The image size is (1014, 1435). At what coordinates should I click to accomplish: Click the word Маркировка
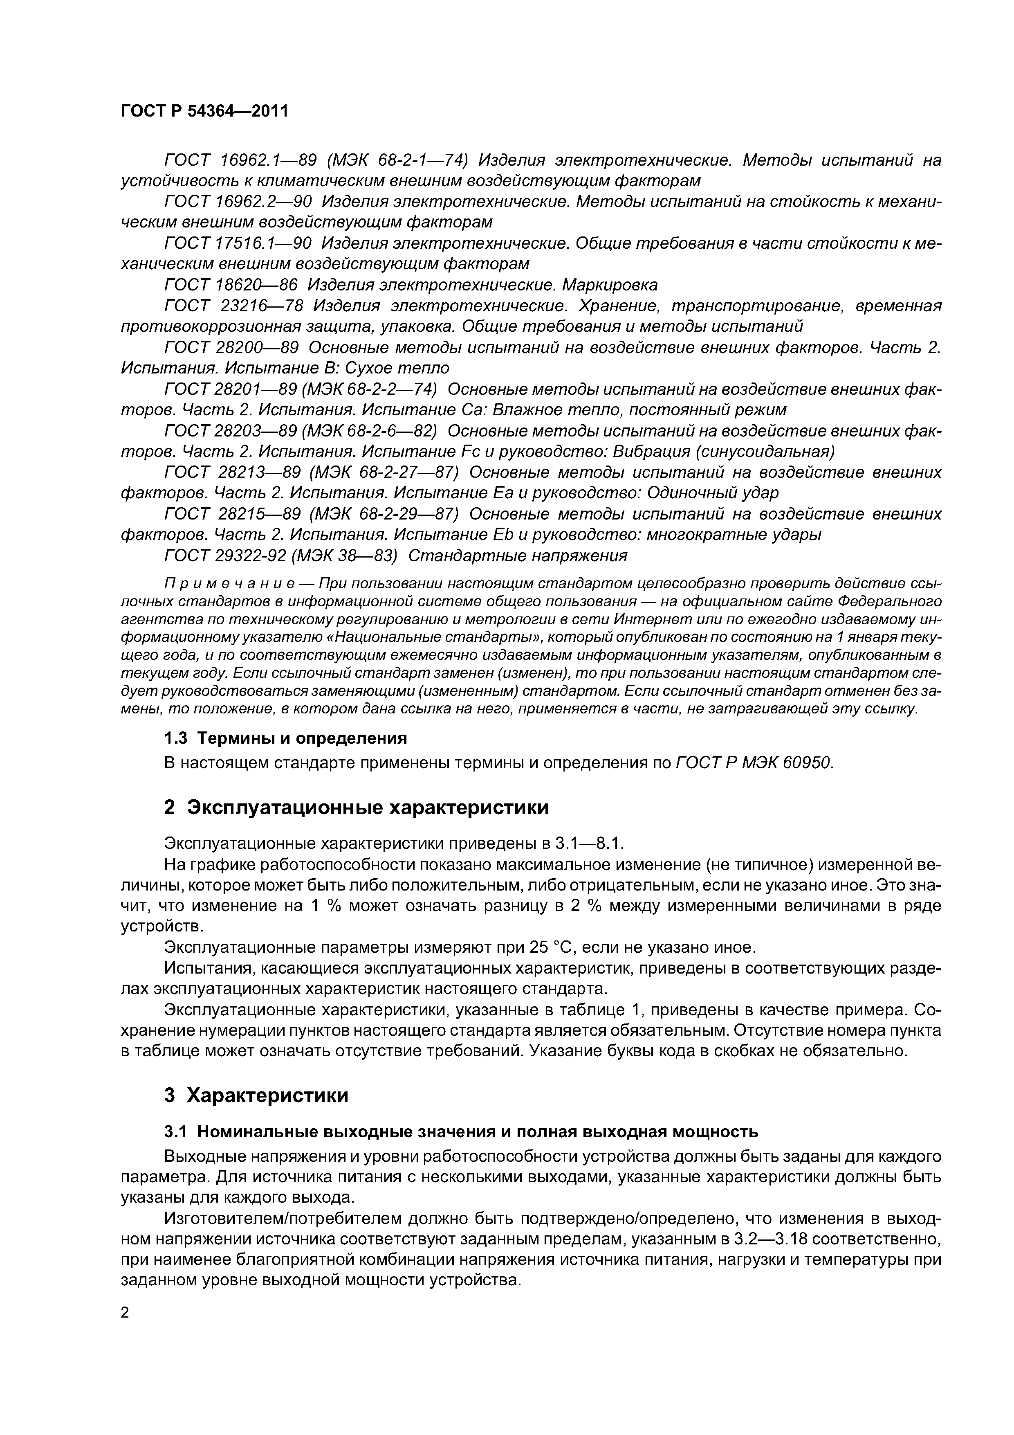pos(610,285)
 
